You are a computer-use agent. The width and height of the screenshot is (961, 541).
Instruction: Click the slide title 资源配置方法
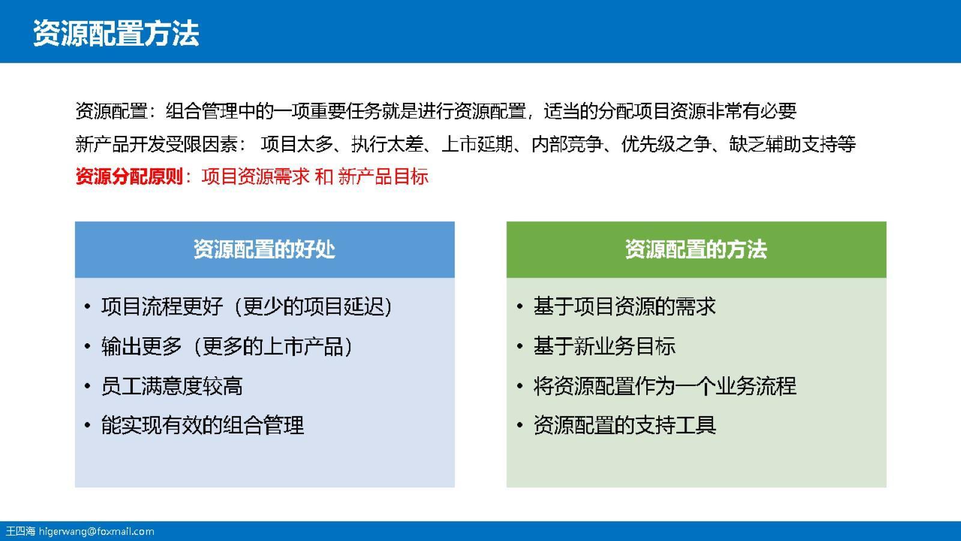click(116, 32)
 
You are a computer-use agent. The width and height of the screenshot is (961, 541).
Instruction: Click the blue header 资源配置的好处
click(264, 249)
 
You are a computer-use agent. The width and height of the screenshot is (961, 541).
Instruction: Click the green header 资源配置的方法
click(696, 249)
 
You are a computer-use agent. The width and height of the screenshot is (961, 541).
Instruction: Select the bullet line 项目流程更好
click(246, 307)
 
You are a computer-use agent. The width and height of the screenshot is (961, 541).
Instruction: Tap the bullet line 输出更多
click(226, 346)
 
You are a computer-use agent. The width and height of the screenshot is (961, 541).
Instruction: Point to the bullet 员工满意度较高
click(172, 386)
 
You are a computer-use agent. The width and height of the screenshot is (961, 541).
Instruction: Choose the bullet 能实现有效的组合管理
click(202, 426)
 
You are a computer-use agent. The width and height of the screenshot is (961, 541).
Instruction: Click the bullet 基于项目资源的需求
click(625, 307)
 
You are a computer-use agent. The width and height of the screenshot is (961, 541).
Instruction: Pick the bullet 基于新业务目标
click(604, 346)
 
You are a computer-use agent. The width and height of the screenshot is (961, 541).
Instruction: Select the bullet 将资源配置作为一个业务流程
click(665, 386)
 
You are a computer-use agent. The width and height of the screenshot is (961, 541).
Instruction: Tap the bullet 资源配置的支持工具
click(625, 426)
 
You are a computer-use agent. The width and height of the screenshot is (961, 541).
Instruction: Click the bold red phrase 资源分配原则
click(129, 177)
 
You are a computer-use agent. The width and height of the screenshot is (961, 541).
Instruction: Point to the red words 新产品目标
click(383, 177)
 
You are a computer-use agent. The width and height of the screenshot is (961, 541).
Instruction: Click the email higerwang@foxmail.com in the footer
click(97, 531)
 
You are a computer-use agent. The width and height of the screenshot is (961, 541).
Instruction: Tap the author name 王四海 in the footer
click(20, 531)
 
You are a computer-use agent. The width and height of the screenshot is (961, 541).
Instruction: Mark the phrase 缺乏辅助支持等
click(793, 144)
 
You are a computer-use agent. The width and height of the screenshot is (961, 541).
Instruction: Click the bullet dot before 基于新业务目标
click(520, 347)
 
